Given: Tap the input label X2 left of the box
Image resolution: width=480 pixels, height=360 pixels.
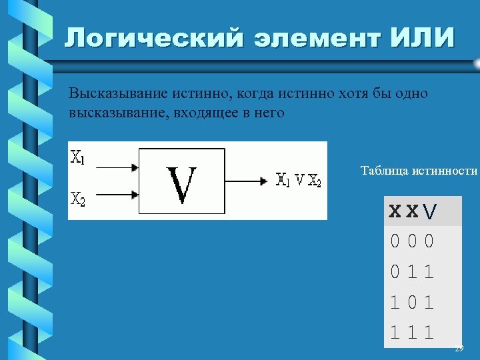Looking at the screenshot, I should [x=78, y=198].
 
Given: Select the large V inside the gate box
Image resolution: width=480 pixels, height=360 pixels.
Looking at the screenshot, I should [x=181, y=186].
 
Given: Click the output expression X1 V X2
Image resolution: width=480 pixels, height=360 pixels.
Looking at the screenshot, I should [x=298, y=180].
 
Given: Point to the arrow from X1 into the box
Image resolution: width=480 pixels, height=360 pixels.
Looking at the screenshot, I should [x=113, y=167].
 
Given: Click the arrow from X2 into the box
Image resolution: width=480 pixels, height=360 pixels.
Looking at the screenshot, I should [x=113, y=195].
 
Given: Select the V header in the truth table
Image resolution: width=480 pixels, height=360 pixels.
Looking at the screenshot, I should [x=431, y=212].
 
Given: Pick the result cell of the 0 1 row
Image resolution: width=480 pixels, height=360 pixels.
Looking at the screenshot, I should [x=429, y=272].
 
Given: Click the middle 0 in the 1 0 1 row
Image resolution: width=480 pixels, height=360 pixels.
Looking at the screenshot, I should [x=412, y=302].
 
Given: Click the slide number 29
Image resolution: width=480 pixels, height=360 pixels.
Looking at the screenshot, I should [x=459, y=349].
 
